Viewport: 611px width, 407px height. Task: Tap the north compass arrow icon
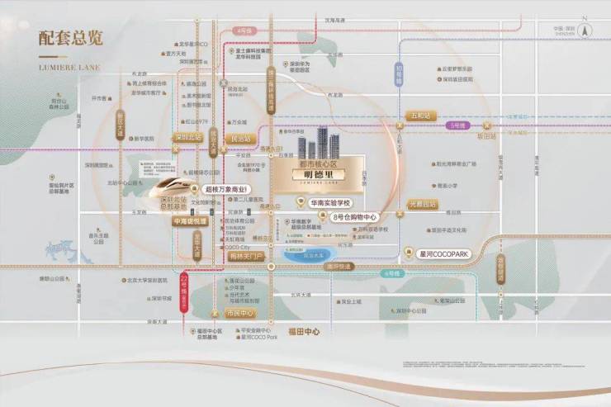pyautogui.click(x=585, y=31)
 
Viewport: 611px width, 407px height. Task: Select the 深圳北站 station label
pyautogui.click(x=188, y=138)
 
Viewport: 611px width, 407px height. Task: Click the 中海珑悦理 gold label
pyautogui.click(x=188, y=222)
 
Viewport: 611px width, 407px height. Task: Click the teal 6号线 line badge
pyautogui.click(x=391, y=272)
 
